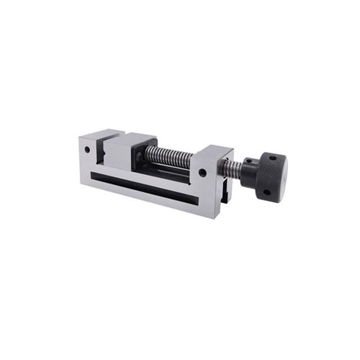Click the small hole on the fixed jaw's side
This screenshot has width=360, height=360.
pyautogui.click(x=88, y=150)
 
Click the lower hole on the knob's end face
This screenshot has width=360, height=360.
pyautogui.click(x=266, y=192)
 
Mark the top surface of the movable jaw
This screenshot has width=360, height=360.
pyautogui.click(x=130, y=138)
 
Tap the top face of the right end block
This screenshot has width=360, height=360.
pyautogui.click(x=214, y=150)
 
